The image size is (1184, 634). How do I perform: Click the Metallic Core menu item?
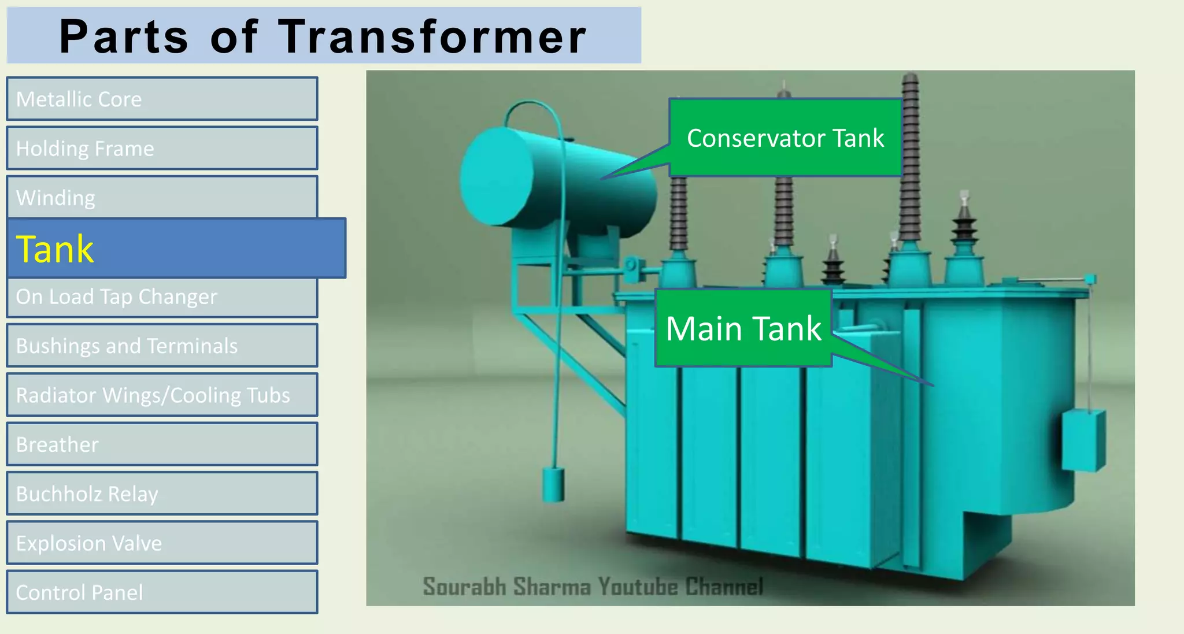coord(162,99)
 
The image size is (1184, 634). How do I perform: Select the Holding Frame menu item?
coord(162,149)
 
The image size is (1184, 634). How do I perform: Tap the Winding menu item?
coord(162,197)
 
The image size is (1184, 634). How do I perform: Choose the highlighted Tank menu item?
coord(176,249)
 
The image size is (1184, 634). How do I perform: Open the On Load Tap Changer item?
coord(162,297)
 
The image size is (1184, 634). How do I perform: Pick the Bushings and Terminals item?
coord(162,346)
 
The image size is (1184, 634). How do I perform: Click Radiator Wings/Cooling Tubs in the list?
coord(162,395)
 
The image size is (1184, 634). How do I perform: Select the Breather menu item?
coord(162,444)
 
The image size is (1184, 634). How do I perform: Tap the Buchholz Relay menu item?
coord(162,494)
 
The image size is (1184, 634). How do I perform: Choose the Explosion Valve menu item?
coord(162,543)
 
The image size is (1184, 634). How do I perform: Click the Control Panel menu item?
coord(162,592)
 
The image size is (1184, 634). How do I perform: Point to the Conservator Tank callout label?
coord(785,138)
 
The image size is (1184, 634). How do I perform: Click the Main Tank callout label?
coord(743,328)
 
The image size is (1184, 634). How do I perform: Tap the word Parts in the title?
coord(124,37)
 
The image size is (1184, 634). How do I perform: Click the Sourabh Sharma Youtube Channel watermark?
coord(593,586)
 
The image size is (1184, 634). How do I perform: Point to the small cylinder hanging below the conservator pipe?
coord(553,484)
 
